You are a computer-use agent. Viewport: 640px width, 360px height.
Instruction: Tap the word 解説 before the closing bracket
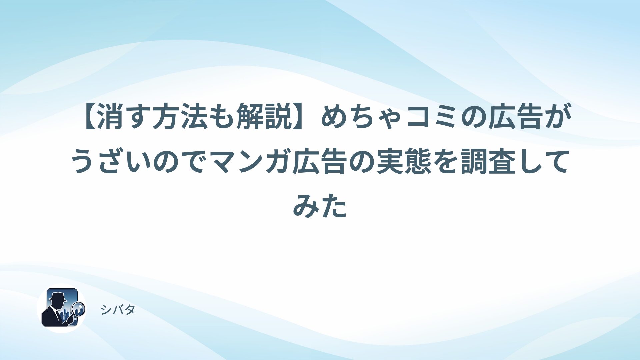pyautogui.click(x=264, y=117)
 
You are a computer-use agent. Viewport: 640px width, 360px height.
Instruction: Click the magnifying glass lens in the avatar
pyautogui.click(x=79, y=308)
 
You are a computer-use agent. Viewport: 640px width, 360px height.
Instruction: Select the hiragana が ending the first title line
pyautogui.click(x=558, y=117)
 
